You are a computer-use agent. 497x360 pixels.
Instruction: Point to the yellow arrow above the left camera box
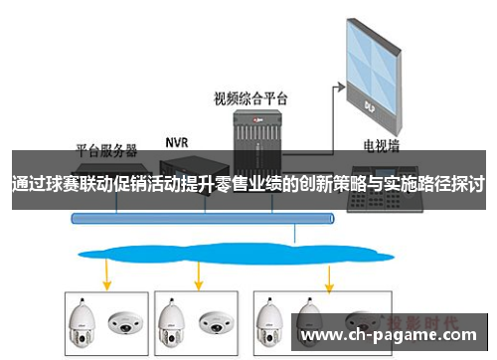(x=107, y=273)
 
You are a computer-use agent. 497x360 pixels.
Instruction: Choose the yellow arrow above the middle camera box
(x=200, y=273)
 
